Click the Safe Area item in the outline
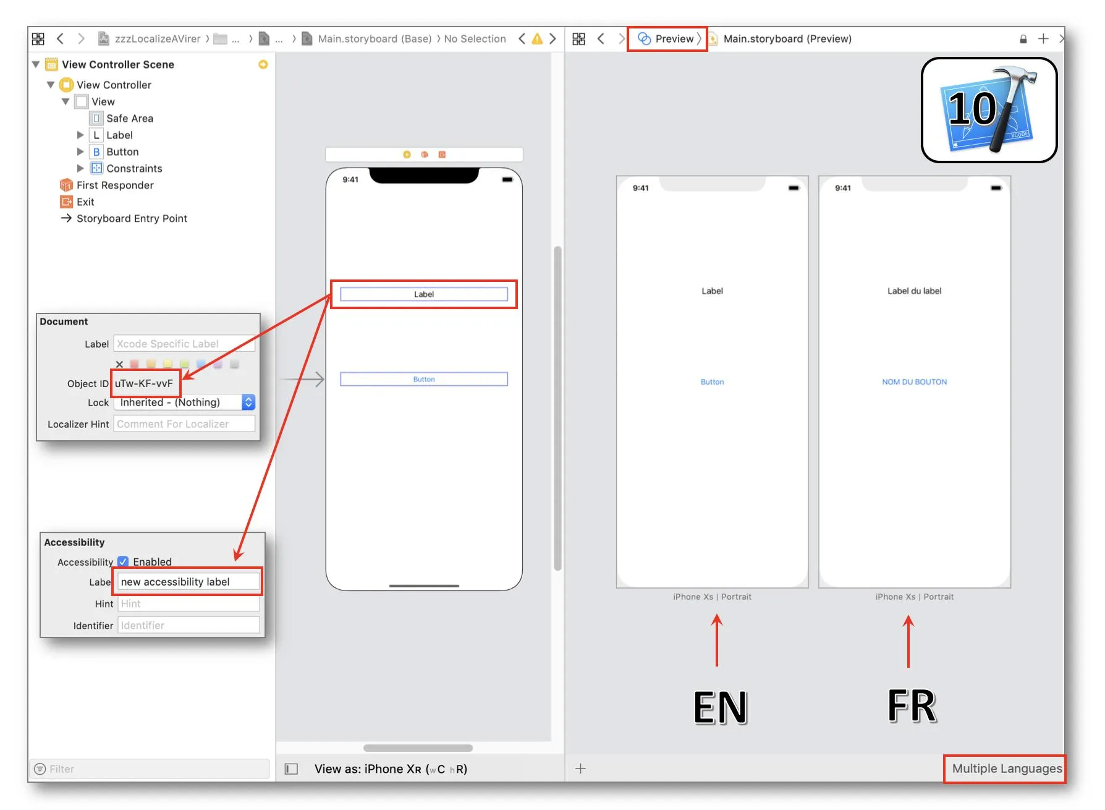coord(129,118)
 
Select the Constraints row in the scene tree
coord(134,168)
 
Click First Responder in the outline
coord(115,185)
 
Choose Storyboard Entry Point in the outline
coord(132,218)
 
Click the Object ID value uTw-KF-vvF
coord(144,383)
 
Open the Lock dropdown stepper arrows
coord(248,403)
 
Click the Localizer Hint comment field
coord(184,424)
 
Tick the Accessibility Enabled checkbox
coord(123,561)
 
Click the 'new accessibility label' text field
coord(188,582)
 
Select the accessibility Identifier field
coord(188,625)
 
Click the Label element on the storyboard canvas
coord(424,294)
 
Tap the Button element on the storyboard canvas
coord(424,379)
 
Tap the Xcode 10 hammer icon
coord(989,110)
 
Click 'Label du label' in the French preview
coord(914,291)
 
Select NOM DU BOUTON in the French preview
coord(914,382)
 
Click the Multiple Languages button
coord(1007,769)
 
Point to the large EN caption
coord(720,707)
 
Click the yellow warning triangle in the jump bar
coord(537,39)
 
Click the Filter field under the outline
coord(151,769)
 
